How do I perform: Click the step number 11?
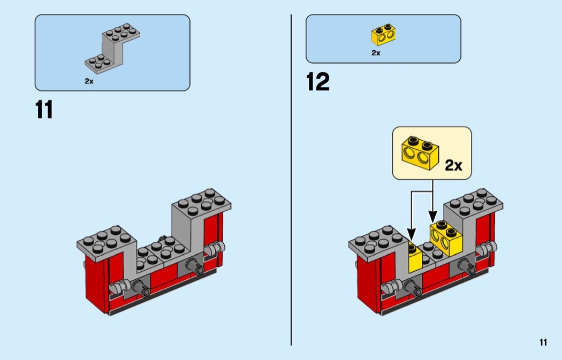(44, 110)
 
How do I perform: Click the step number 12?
(317, 82)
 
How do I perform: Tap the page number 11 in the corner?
(543, 342)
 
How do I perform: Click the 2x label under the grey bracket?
(89, 81)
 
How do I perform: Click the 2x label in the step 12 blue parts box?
(376, 53)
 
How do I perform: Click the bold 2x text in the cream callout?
(453, 165)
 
